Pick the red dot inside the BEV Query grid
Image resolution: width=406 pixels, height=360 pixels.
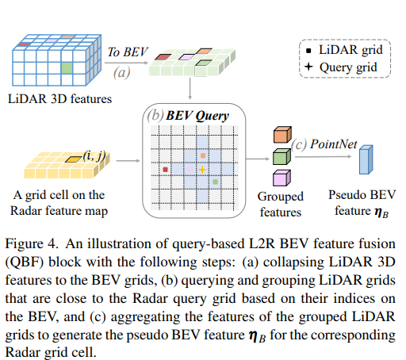click(165, 170)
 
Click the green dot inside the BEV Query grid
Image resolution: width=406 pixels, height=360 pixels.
click(216, 182)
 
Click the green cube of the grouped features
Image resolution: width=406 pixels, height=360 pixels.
click(281, 155)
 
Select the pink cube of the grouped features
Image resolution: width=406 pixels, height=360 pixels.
click(281, 175)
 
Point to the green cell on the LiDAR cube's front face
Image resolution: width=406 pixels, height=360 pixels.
click(68, 69)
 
